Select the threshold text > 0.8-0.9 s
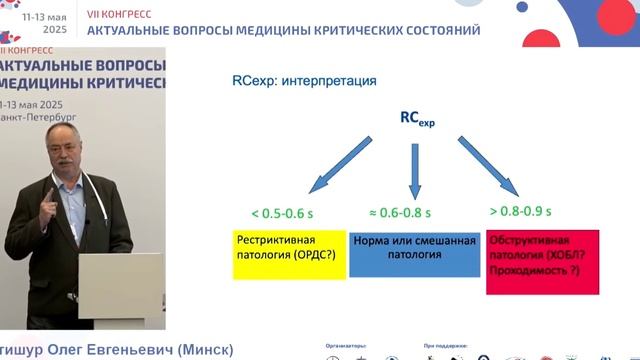point(521,211)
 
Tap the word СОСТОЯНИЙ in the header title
point(433,30)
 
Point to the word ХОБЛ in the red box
point(565,255)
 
